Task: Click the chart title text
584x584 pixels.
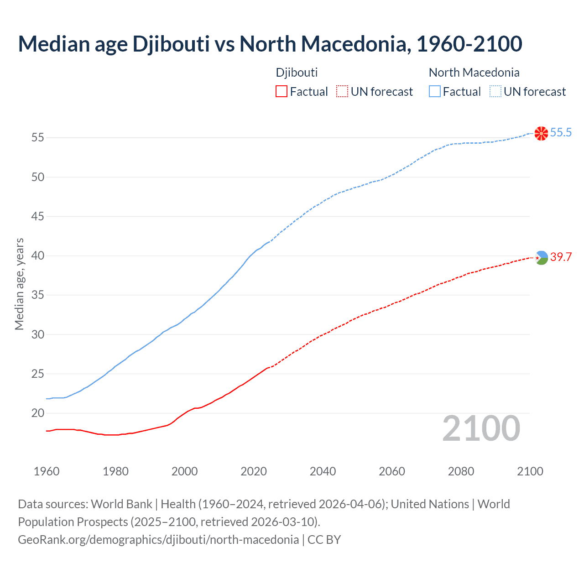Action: click(270, 44)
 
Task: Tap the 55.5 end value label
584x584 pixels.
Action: click(561, 132)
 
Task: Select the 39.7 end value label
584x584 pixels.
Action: click(561, 257)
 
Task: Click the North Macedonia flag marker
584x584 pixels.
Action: click(541, 133)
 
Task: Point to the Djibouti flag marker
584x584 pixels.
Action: click(541, 258)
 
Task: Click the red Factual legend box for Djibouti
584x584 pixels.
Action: click(282, 91)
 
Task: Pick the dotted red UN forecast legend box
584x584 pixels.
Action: click(342, 91)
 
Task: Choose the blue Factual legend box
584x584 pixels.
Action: click(434, 91)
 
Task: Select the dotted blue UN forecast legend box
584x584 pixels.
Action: click(495, 91)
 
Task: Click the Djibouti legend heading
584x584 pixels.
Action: click(297, 73)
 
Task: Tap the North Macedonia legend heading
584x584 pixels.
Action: click(474, 73)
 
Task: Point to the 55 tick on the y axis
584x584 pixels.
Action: click(38, 137)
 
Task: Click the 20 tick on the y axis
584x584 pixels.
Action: click(38, 413)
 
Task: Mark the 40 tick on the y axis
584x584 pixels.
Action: click(38, 255)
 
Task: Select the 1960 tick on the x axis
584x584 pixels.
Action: click(47, 471)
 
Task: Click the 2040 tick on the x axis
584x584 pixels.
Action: click(323, 471)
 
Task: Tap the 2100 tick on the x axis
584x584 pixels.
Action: click(530, 471)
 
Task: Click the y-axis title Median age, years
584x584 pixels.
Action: click(19, 284)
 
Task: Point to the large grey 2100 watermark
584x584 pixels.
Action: click(481, 428)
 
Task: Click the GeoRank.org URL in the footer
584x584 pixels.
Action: click(158, 540)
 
